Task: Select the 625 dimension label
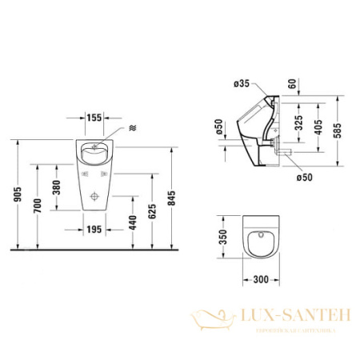tap(153, 211)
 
